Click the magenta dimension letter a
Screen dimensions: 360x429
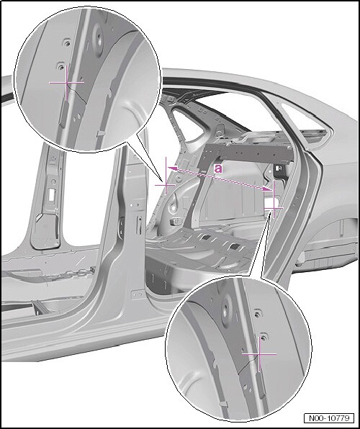[218, 168]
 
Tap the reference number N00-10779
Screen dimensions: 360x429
[329, 418]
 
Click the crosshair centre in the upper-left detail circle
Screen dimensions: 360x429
[66, 82]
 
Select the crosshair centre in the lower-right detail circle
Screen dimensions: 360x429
[259, 354]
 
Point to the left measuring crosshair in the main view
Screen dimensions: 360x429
[166, 185]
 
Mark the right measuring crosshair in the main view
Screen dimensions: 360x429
[273, 208]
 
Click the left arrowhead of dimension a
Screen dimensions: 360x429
[171, 168]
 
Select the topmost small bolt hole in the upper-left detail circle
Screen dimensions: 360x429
[67, 43]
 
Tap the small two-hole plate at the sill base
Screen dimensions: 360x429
[138, 294]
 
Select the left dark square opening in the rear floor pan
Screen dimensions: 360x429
[206, 238]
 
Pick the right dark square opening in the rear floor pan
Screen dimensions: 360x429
[235, 247]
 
